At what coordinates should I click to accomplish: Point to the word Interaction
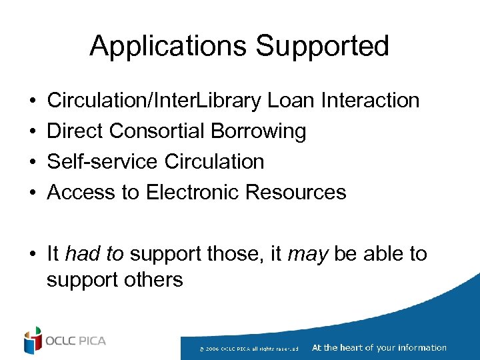pos(370,101)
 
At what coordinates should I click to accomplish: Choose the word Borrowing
pos(259,131)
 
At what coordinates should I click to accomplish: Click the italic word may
pos(307,254)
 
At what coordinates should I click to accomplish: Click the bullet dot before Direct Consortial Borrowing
pos(33,132)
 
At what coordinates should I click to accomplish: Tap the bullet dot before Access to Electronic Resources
pos(33,193)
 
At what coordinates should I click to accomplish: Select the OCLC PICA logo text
pos(75,341)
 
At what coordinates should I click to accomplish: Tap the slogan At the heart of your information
pos(379,347)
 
